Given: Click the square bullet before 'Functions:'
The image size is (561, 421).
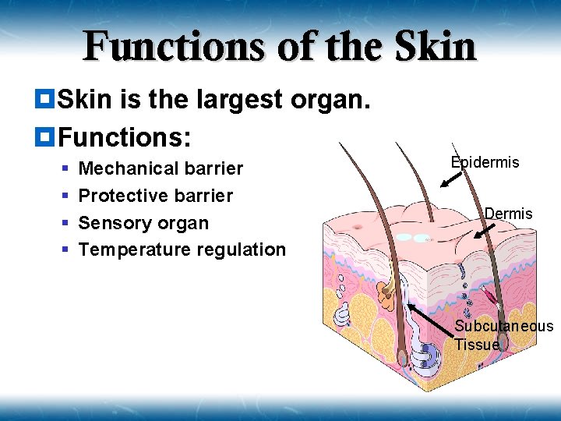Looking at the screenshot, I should [x=45, y=137].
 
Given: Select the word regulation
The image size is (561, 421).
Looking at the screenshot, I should [x=245, y=250].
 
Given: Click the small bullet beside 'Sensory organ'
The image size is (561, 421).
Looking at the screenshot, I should [x=66, y=223].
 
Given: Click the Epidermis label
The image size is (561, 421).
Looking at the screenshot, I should [x=485, y=162].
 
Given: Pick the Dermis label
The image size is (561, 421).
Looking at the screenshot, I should [x=508, y=214].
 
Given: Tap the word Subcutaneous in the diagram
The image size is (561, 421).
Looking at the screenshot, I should [x=503, y=327].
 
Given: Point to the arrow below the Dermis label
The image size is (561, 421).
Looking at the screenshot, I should [x=485, y=231].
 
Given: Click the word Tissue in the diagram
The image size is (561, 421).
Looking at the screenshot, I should [x=477, y=345].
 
